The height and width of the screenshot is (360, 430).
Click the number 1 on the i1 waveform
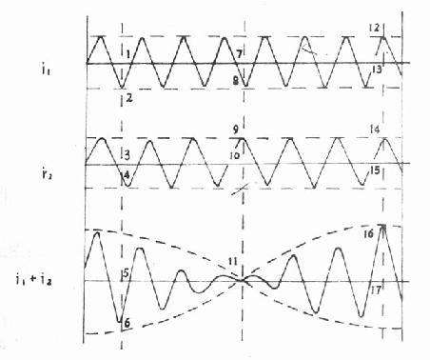click(x=127, y=54)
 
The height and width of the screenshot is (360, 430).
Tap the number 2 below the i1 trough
click(x=129, y=98)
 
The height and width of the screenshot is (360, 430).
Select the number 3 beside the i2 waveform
click(x=127, y=155)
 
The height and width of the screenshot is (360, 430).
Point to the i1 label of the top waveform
click(x=46, y=69)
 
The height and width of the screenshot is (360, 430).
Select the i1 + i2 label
click(x=33, y=280)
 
